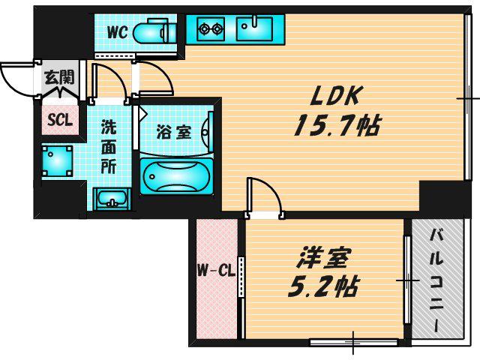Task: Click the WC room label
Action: [117, 31]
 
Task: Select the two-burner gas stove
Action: [211, 29]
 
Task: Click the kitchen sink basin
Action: [254, 28]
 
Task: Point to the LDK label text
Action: [334, 96]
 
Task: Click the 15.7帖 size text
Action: [337, 125]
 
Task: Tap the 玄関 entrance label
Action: [59, 77]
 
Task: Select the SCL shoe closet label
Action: [60, 120]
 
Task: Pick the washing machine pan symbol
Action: [57, 161]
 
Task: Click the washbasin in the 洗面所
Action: [112, 199]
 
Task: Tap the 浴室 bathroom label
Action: [173, 133]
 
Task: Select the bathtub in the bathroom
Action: [176, 176]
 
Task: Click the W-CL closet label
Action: [216, 271]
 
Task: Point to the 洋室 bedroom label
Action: [323, 259]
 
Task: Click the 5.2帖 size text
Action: [322, 287]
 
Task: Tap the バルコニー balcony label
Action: [436, 281]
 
